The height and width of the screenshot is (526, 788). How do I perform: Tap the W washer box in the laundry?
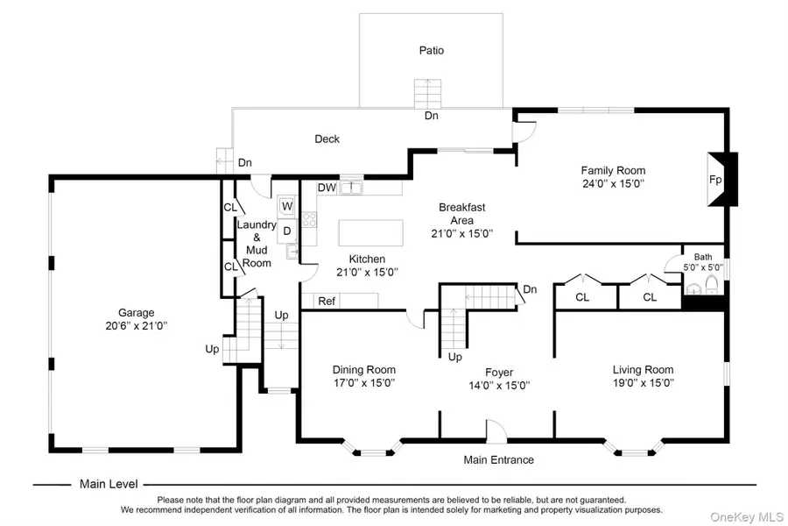coord(287,206)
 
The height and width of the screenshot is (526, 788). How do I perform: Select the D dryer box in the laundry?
coord(287,231)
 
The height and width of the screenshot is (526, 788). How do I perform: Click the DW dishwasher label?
coord(327,188)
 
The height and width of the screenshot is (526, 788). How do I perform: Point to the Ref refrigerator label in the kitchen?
coord(327,301)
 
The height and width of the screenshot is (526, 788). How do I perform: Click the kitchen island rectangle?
coord(371,232)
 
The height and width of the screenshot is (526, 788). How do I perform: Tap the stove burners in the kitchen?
coord(309,219)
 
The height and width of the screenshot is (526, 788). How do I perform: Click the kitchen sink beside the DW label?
coord(351,188)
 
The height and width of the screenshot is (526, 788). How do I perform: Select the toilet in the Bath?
coord(712,285)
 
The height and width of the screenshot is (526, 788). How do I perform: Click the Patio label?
coord(432,50)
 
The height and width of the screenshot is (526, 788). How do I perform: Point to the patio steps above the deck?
coord(427,94)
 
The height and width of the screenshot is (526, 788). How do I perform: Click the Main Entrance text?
coord(498,459)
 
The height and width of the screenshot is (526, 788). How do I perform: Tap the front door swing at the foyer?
coord(496,431)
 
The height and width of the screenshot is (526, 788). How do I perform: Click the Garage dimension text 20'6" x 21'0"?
coord(137,325)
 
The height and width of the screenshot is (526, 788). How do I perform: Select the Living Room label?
coord(643,369)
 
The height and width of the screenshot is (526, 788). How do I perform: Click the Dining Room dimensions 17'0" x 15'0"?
coord(364,382)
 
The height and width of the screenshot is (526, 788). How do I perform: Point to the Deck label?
coord(327,139)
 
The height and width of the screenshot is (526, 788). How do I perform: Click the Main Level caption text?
coord(109,484)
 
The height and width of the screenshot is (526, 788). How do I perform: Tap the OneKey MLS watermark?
coord(747,517)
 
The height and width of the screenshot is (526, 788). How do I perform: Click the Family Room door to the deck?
coord(524,131)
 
